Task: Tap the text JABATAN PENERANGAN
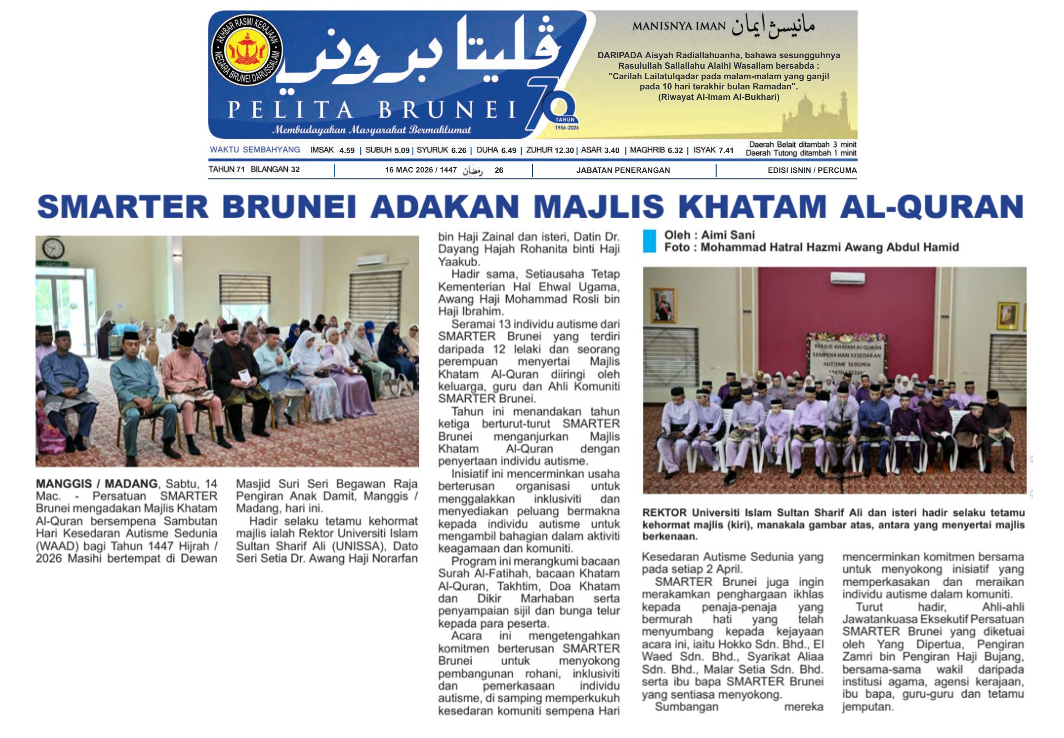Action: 623,170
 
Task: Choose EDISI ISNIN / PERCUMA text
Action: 812,170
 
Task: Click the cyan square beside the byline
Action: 649,241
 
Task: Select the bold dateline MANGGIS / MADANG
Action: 96,484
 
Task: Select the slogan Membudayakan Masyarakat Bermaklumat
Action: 371,130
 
